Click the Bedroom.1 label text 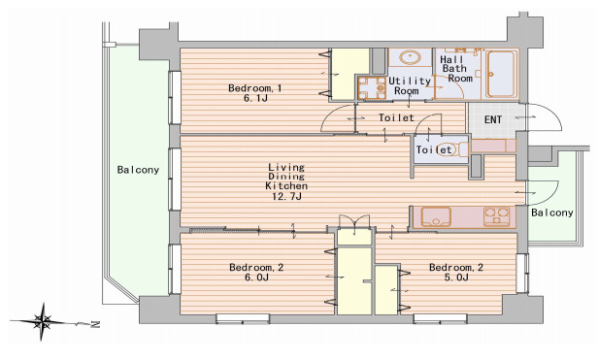tap(254, 88)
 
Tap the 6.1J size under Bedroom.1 tap(254, 99)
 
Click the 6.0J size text tap(254, 278)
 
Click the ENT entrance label tap(493, 120)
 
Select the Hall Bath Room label tap(456, 68)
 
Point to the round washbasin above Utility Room tap(409, 57)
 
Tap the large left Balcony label tap(138, 171)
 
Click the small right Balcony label tap(551, 213)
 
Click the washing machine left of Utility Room tap(370, 88)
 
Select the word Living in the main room tap(286, 167)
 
